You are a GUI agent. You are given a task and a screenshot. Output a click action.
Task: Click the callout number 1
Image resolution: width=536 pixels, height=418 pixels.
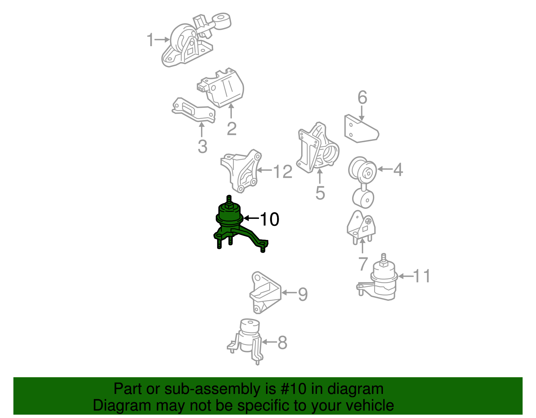tap(150, 39)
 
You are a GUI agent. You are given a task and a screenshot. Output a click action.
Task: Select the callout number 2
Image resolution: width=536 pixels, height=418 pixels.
tap(231, 128)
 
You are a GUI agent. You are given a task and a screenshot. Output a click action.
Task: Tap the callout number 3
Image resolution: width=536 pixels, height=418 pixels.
tap(203, 146)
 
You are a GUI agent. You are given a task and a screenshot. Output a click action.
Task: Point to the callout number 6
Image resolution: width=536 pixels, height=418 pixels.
tap(362, 97)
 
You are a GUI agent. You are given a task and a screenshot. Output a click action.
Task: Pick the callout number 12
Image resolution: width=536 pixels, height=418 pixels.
tap(283, 171)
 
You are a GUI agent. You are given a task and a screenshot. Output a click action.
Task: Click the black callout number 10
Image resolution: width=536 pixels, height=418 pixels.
tap(270, 219)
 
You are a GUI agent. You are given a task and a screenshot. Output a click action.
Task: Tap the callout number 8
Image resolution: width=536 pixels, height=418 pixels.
tap(282, 342)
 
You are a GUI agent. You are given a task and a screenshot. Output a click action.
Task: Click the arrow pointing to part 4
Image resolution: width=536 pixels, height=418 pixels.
tap(385, 169)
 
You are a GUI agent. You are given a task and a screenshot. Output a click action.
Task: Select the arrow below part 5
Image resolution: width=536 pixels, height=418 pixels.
tap(320, 176)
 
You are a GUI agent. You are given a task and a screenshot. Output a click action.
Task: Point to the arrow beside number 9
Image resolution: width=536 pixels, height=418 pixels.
tap(289, 292)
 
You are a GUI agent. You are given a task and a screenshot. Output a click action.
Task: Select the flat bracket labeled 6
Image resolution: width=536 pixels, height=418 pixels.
tap(361, 129)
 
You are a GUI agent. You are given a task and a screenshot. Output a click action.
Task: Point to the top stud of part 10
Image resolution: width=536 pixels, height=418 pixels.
tap(229, 201)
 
